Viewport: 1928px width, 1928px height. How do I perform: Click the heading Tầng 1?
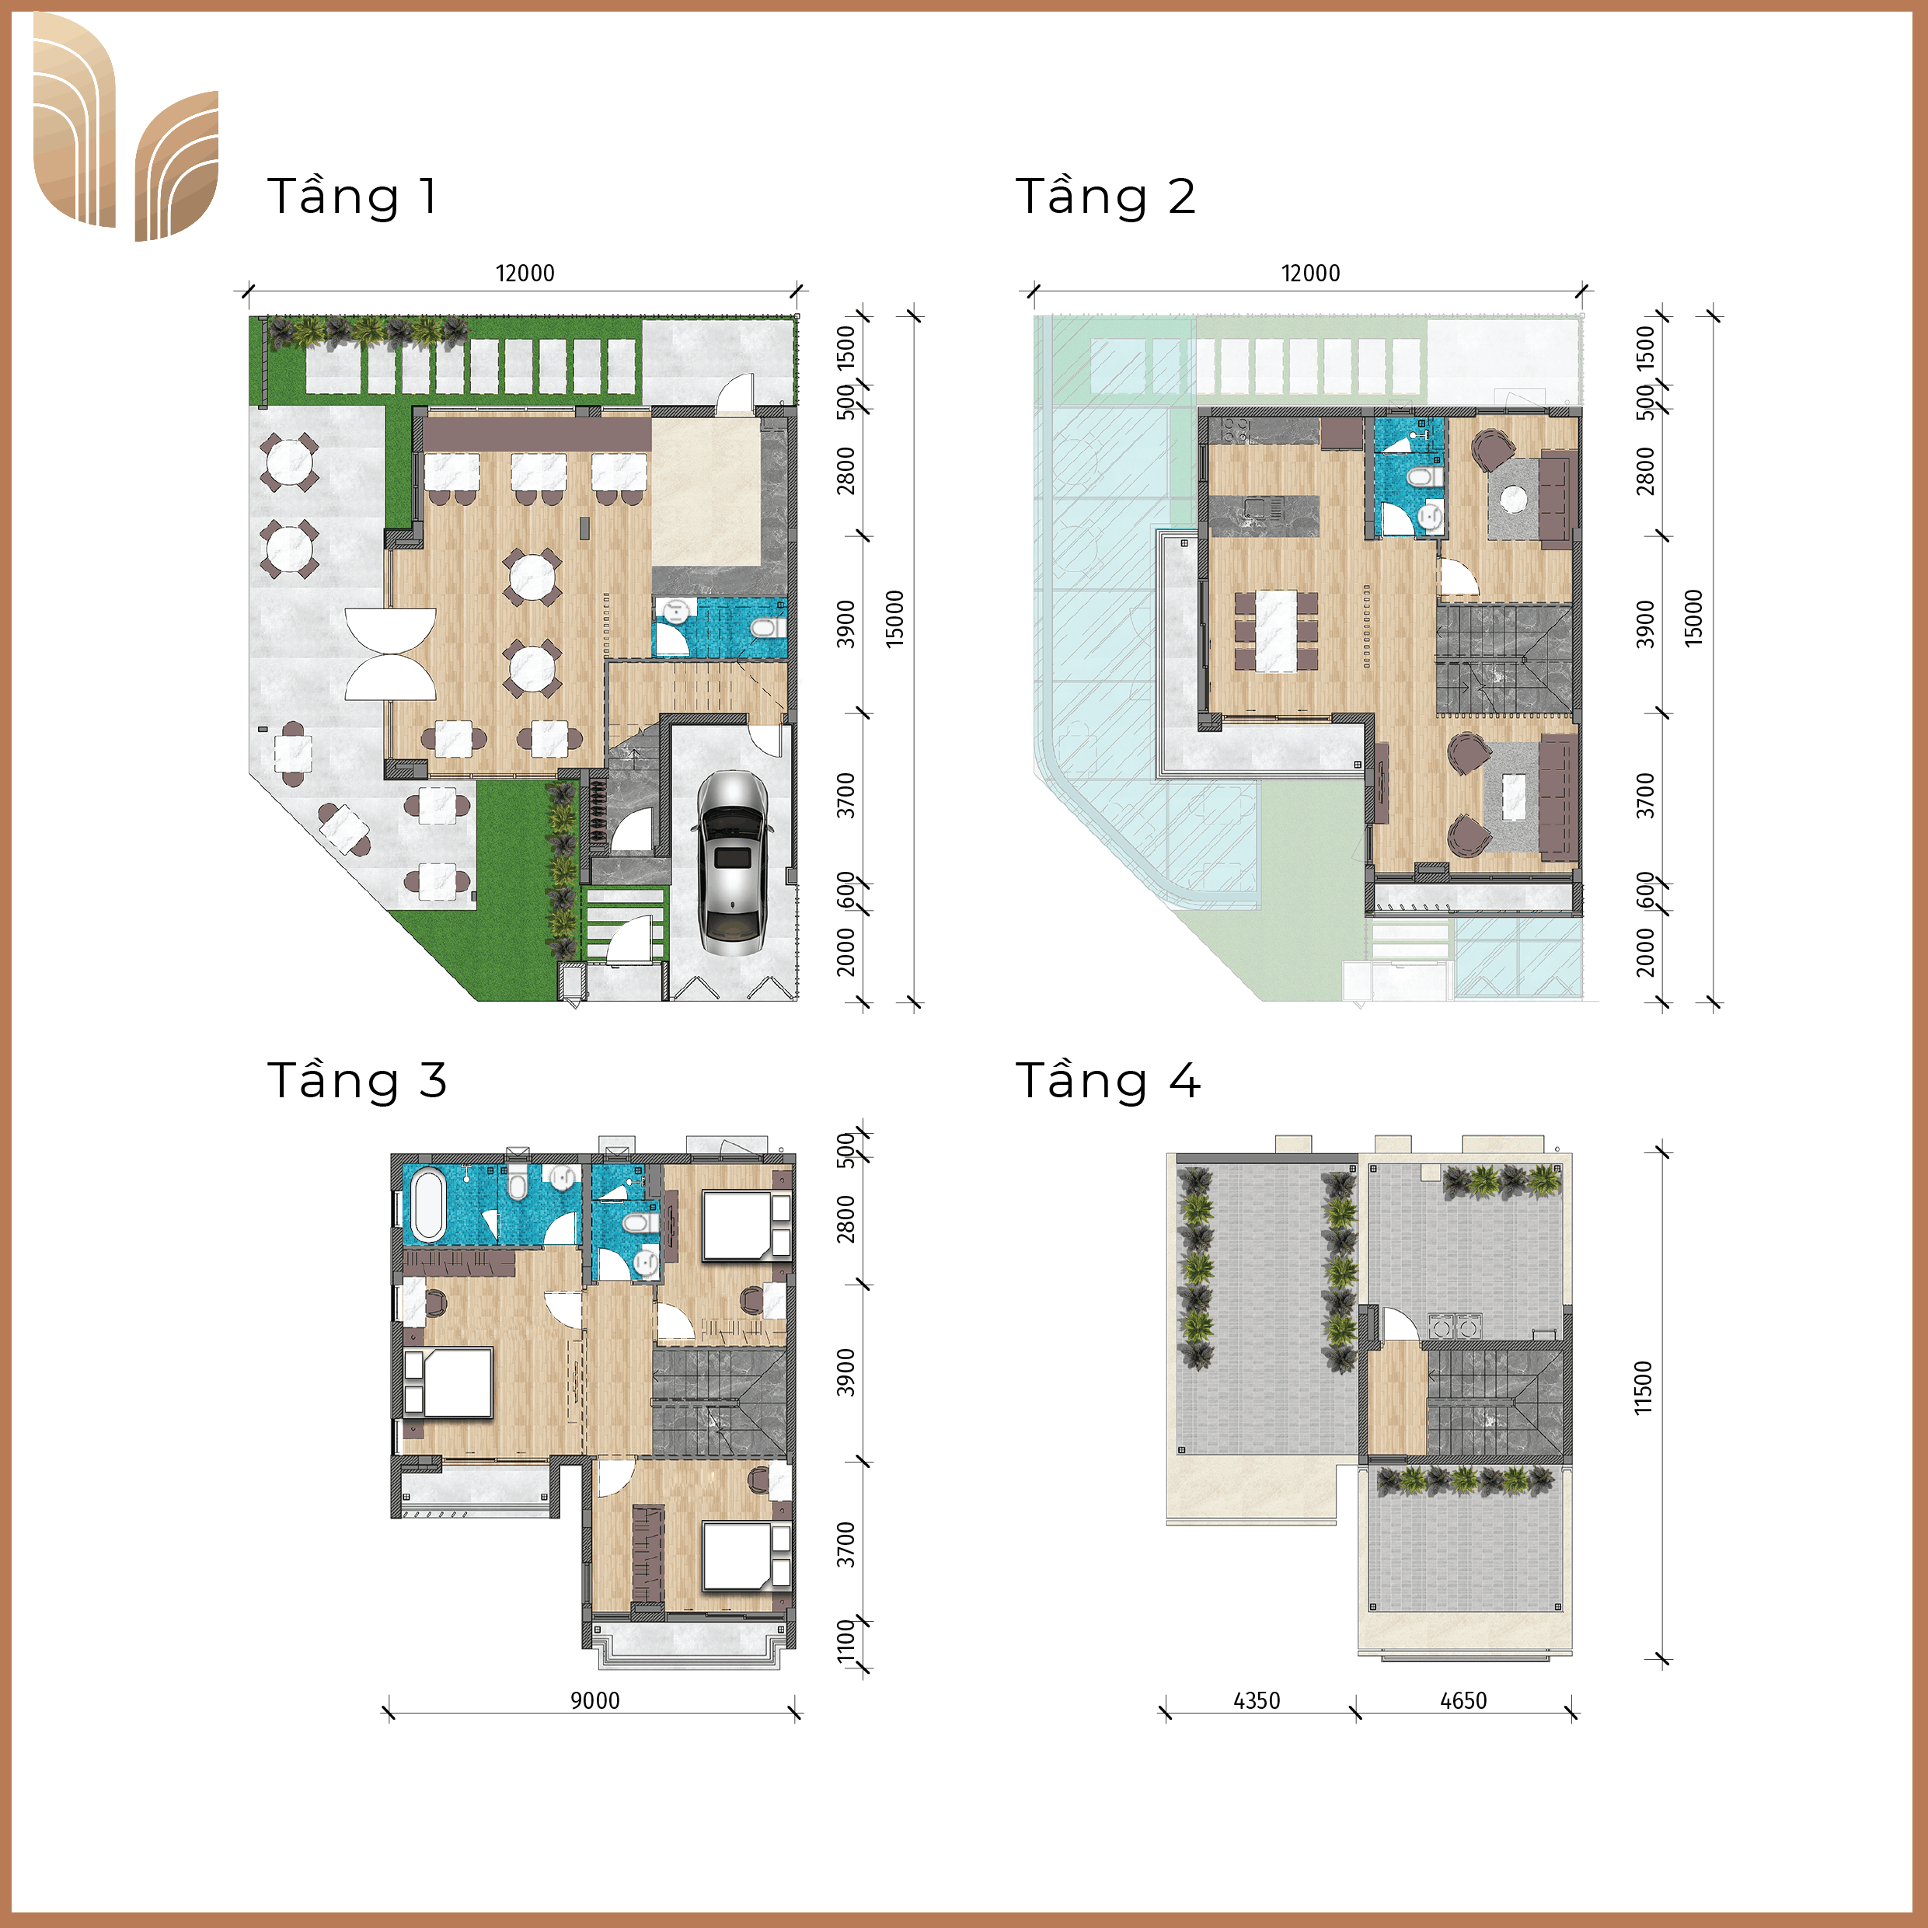pyautogui.click(x=351, y=196)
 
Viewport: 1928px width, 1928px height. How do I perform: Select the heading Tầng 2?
pyautogui.click(x=1105, y=196)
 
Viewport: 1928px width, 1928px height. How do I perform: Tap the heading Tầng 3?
pyautogui.click(x=356, y=1081)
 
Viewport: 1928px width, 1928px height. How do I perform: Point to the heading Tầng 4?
pyautogui.click(x=1107, y=1081)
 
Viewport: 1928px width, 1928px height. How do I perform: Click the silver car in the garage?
pyautogui.click(x=733, y=863)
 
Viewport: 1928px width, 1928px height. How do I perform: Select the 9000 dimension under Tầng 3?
pyautogui.click(x=594, y=1700)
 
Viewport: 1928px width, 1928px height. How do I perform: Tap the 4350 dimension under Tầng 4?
pyautogui.click(x=1257, y=1700)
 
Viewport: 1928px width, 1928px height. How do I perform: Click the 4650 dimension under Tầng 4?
pyautogui.click(x=1463, y=1700)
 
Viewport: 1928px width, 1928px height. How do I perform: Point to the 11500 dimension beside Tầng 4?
pyautogui.click(x=1644, y=1387)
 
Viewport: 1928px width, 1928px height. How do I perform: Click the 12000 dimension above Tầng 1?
pyautogui.click(x=525, y=273)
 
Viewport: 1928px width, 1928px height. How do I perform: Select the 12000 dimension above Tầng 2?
pyautogui.click(x=1310, y=273)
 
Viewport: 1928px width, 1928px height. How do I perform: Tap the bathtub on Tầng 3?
pyautogui.click(x=428, y=1205)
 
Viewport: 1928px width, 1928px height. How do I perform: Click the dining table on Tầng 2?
pyautogui.click(x=1276, y=631)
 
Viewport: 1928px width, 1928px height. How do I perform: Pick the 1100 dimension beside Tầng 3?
pyautogui.click(x=846, y=1641)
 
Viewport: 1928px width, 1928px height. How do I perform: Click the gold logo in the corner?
pyautogui.click(x=125, y=127)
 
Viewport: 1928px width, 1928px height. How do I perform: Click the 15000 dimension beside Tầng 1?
pyautogui.click(x=895, y=619)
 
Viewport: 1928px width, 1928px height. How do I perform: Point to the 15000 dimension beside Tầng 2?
pyautogui.click(x=1693, y=619)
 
